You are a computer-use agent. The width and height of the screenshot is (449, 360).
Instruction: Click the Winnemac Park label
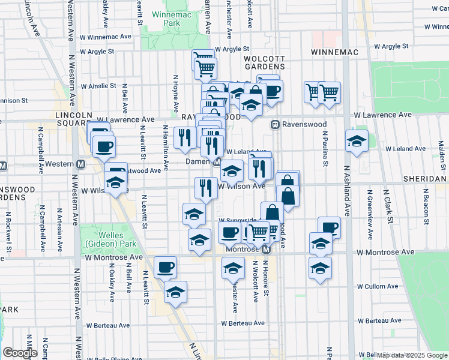[x=166, y=18]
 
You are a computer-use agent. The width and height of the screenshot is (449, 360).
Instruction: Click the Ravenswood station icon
[x=275, y=125]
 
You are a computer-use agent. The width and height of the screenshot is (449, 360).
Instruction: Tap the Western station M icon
[x=80, y=164]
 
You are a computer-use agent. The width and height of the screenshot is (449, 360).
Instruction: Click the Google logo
[x=20, y=352]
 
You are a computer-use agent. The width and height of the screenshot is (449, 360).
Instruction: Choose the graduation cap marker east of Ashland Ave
[x=357, y=142]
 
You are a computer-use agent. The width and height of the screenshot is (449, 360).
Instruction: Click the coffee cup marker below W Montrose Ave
[x=165, y=267]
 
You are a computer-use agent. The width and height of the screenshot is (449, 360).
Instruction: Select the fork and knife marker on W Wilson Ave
[x=206, y=188]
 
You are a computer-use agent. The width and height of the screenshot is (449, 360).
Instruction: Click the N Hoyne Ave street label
[x=176, y=94]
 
